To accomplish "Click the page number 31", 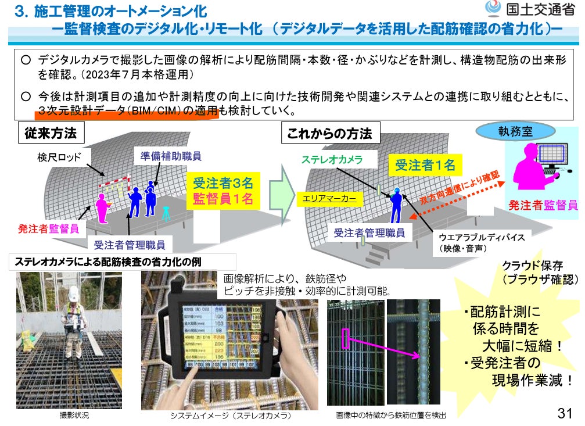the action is (565, 413).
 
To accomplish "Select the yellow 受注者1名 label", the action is (425, 165).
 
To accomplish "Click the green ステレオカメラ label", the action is (331, 159).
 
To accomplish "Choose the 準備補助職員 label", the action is (171, 156).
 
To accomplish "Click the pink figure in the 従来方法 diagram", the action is (102, 207).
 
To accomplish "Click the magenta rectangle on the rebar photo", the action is (346, 338).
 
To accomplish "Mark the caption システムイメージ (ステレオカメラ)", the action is (230, 416).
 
